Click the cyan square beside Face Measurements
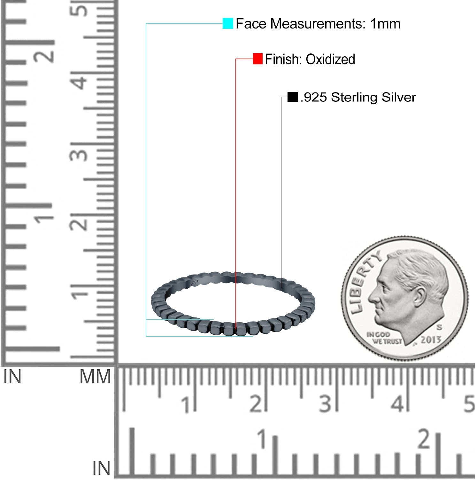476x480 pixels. pyautogui.click(x=228, y=24)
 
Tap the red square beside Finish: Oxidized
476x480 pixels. pyautogui.click(x=258, y=59)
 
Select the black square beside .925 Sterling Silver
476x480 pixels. pyautogui.click(x=293, y=97)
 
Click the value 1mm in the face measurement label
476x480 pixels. pyautogui.click(x=385, y=24)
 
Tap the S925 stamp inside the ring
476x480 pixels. pyautogui.click(x=194, y=283)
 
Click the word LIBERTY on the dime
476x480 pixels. pyautogui.click(x=365, y=282)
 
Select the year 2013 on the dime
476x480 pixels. pyautogui.click(x=431, y=340)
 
